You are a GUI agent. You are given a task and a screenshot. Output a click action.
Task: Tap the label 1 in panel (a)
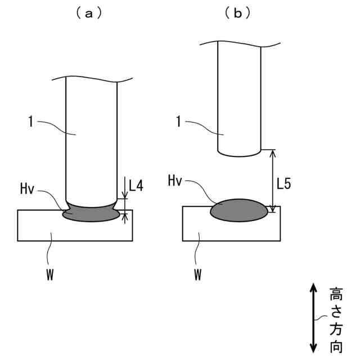point(30,119)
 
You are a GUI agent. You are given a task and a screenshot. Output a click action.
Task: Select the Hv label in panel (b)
point(176,181)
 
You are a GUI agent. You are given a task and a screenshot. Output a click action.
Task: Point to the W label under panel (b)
point(198,276)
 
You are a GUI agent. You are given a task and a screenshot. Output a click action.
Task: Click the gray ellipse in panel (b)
point(239,210)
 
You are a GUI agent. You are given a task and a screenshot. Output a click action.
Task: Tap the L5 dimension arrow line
point(273,180)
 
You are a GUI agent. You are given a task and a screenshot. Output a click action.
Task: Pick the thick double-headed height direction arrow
point(313,318)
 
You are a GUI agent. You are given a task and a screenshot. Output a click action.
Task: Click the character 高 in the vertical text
point(336,294)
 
